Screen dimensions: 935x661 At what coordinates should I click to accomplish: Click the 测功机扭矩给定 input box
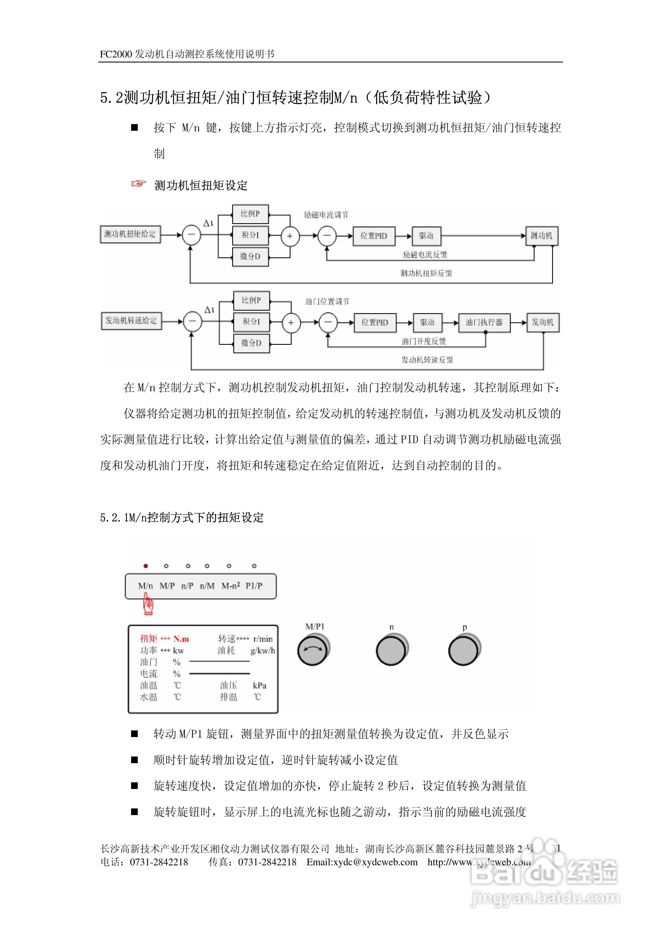pos(130,234)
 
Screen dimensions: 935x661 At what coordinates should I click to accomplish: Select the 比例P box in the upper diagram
pos(250,214)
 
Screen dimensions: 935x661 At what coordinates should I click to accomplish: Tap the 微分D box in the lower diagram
pos(251,343)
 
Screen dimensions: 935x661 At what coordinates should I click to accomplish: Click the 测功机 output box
pos(542,236)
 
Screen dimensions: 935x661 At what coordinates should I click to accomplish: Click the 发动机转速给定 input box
pos(131,320)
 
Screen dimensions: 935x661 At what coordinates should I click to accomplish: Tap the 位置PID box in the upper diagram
pos(374,236)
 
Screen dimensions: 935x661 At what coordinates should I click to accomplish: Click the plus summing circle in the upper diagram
pos(290,236)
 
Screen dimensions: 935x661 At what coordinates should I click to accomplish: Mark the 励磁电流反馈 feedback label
pos(425,255)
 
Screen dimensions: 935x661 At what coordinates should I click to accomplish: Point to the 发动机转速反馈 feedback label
pos(427,360)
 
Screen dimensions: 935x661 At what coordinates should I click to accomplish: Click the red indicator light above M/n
pos(146,566)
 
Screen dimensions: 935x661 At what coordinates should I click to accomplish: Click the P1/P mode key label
pos(254,585)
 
